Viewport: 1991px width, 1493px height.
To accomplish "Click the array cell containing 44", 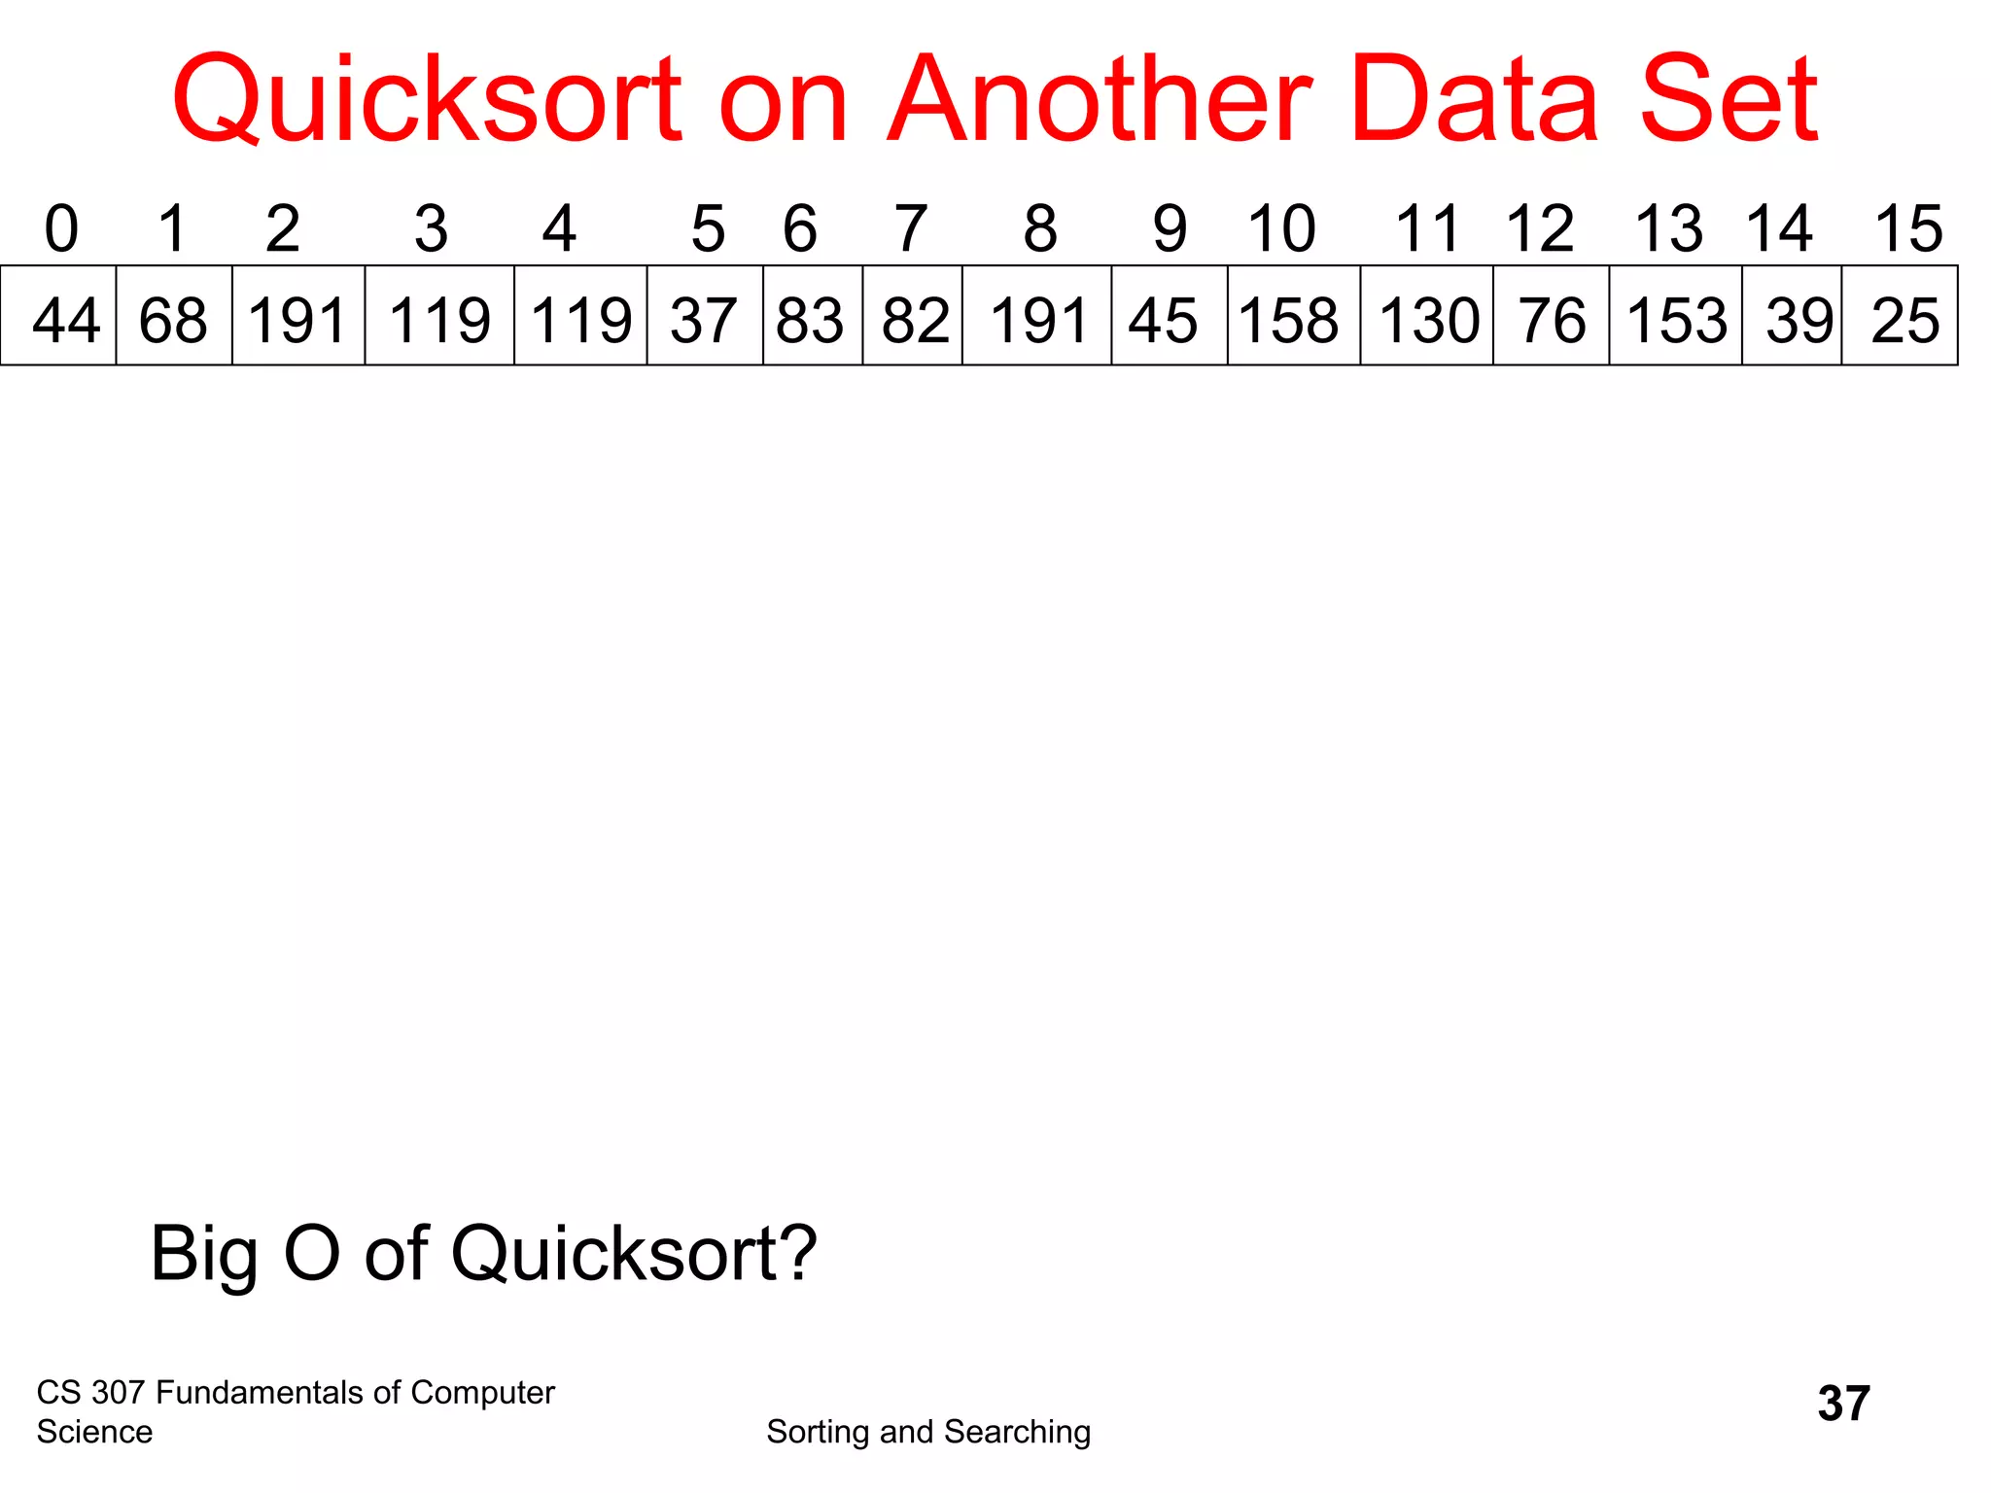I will coord(59,317).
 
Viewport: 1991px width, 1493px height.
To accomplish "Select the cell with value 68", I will coord(174,317).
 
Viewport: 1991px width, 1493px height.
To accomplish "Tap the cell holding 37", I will coord(705,317).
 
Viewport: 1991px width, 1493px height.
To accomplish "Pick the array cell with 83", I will coord(812,317).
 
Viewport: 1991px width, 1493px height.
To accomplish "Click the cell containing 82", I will coord(914,317).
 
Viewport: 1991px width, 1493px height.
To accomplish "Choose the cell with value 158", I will coord(1293,317).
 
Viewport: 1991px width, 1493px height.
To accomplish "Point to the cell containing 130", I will coord(1427,317).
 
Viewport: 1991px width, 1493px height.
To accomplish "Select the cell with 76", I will coord(1552,317).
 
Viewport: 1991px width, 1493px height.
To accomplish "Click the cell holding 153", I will coord(1675,317).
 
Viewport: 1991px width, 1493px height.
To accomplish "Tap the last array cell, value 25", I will coord(1901,317).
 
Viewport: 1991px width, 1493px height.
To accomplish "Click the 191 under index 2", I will coord(298,317).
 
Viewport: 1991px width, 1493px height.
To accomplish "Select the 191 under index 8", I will coord(1037,317).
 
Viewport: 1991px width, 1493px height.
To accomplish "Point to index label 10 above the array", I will coord(1281,229).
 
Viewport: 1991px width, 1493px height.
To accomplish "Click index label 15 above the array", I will coord(1908,229).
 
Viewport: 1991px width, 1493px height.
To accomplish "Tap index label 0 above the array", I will coord(61,229).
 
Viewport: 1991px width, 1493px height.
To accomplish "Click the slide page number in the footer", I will coord(1843,1404).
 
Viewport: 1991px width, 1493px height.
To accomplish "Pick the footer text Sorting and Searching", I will coord(928,1432).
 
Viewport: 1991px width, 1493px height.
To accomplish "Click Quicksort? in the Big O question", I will coord(634,1254).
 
